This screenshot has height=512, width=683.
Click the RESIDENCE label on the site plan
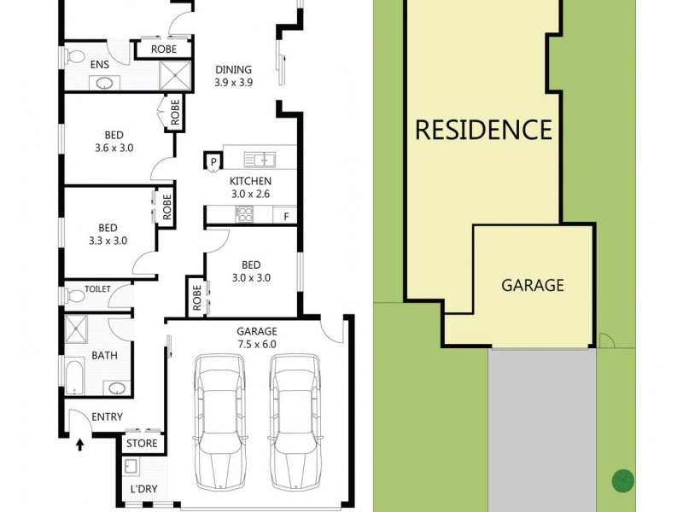coord(483,130)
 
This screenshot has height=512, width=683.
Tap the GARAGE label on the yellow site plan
coord(532,285)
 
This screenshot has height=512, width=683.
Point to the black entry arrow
coord(81,445)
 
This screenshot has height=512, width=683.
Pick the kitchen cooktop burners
coord(245,215)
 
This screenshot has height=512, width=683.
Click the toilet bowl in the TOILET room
coord(77,297)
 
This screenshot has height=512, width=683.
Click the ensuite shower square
coord(177,76)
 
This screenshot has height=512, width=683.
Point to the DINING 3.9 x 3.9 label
coord(233,77)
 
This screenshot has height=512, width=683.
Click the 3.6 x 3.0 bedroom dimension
coord(114,147)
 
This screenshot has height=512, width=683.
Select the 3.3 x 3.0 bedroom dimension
coord(107,240)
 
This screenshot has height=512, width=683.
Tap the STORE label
coord(142,444)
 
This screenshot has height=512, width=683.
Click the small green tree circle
coord(622,480)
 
